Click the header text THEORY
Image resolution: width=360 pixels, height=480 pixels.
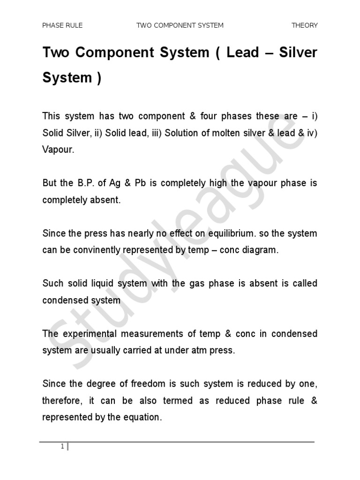pyautogui.click(x=304, y=25)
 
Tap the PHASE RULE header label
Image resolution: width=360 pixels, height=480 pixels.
pyautogui.click(x=62, y=25)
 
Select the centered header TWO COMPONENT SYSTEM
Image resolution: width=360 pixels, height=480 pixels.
pyautogui.click(x=180, y=25)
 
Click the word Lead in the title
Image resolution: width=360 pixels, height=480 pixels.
pyautogui.click(x=242, y=52)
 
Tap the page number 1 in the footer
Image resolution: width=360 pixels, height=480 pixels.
pyautogui.click(x=62, y=446)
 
